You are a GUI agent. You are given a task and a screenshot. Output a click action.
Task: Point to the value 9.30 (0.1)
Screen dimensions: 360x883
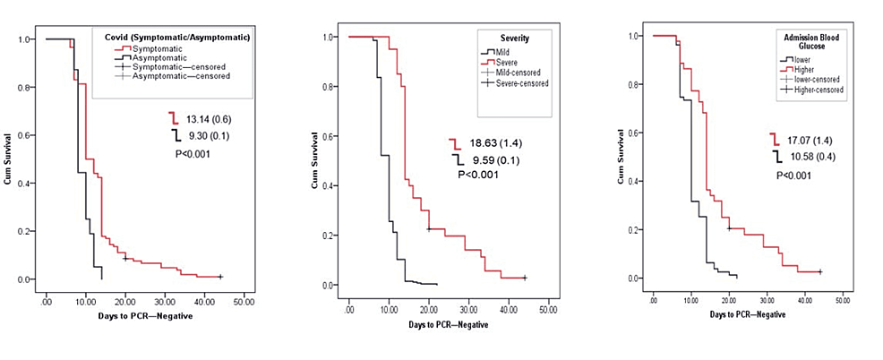tap(205, 135)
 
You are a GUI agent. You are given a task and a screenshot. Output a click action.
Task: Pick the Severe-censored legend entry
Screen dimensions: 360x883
tap(515, 82)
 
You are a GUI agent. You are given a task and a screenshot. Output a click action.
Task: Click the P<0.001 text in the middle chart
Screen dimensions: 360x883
tap(477, 176)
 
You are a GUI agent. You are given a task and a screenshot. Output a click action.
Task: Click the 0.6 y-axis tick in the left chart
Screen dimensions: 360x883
tap(30, 135)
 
